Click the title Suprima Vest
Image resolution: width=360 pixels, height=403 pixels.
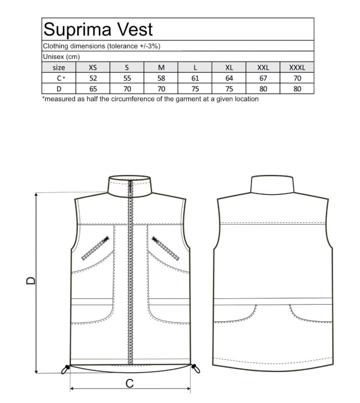point(98,30)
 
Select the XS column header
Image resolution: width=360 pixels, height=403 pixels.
point(93,68)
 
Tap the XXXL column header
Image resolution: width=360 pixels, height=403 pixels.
point(297,68)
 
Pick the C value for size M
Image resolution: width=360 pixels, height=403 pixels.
point(161,78)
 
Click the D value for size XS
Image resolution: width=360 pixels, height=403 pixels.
point(93,89)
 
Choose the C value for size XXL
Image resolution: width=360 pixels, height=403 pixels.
point(263,78)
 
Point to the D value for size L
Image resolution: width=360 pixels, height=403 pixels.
point(195,89)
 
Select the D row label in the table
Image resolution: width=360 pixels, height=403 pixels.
point(59,89)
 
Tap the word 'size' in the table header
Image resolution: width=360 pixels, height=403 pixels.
point(59,68)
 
